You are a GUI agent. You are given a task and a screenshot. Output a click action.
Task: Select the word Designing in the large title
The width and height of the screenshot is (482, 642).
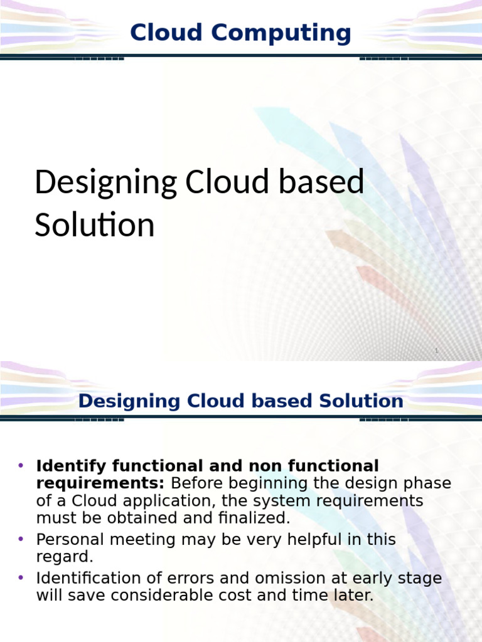105,183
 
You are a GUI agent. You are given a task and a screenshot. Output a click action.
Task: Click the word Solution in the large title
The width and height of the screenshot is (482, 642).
94,225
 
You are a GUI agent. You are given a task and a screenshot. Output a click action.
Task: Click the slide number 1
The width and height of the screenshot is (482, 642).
436,351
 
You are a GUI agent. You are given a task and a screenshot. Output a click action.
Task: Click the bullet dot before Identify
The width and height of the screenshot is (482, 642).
21,466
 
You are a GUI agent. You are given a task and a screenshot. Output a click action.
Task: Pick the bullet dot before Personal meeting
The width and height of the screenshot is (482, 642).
21,539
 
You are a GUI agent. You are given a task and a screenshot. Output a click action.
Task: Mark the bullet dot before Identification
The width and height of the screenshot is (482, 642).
21,577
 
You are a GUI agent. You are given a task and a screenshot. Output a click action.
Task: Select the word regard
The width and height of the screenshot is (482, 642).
64,557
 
